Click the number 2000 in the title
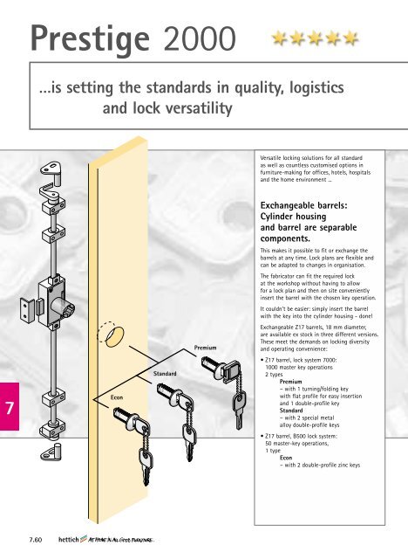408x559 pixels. tap(200, 38)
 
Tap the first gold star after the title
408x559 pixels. tap(279, 38)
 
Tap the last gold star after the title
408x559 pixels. tap(350, 38)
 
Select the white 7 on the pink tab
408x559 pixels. tap(10, 408)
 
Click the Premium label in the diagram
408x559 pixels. tap(205, 348)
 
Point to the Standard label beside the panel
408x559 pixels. tap(165, 374)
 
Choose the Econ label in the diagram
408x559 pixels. tap(117, 397)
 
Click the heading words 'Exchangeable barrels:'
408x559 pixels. tap(303, 205)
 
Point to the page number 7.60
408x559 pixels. tap(36, 540)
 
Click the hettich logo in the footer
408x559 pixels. tap(68, 540)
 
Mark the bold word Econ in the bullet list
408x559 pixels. tap(286, 458)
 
